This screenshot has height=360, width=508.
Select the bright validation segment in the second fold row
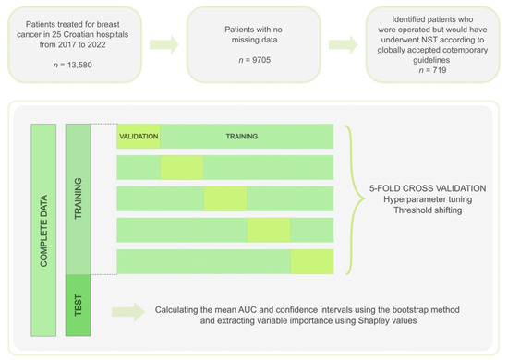[x=182, y=167]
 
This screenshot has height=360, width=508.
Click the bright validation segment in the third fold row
[x=225, y=198]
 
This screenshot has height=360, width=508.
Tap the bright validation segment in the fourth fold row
[x=269, y=230]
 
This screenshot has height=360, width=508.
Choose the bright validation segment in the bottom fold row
[x=311, y=261]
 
